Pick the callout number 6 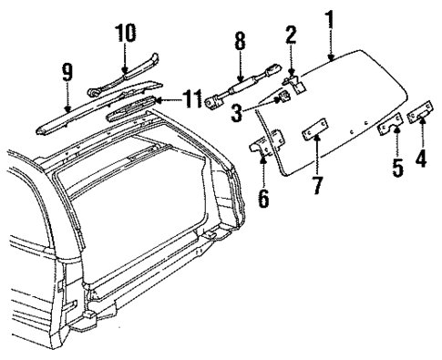264,196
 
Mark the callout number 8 240,42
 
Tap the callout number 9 67,70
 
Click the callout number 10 125,34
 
